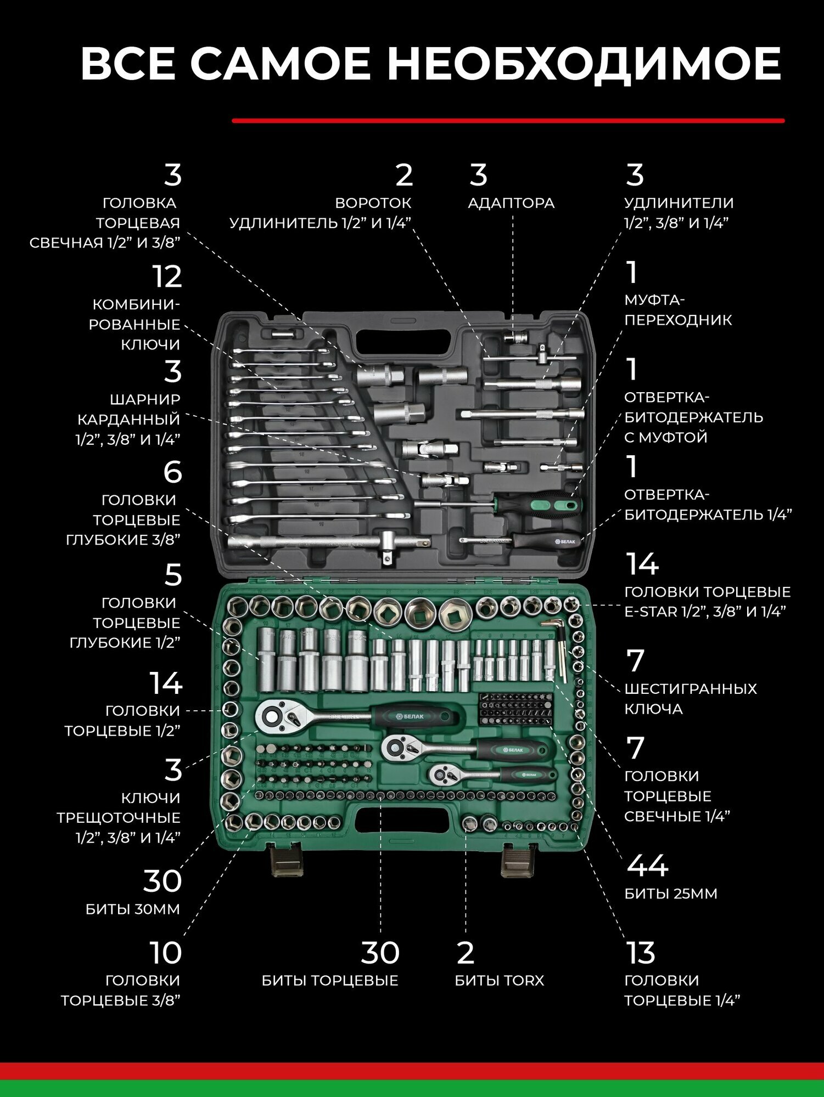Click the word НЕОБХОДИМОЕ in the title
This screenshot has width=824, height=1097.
coord(584,64)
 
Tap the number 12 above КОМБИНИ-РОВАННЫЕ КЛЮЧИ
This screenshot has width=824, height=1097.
coord(167,277)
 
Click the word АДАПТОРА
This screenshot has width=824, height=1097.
coord(511,203)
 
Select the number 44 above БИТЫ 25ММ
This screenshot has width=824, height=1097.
coord(647,866)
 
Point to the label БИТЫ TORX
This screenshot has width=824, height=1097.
coord(500,981)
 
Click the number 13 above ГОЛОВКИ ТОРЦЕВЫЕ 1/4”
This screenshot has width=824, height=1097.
coord(641,953)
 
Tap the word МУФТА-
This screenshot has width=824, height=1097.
coord(654,300)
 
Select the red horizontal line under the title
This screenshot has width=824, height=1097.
coord(508,121)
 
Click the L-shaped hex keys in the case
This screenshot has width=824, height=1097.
coord(558,650)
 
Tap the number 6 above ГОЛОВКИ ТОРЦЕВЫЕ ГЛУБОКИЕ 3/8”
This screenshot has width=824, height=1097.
coord(172,472)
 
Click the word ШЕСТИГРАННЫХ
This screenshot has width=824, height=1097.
coord(691,689)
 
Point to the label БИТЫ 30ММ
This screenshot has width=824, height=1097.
coord(133,909)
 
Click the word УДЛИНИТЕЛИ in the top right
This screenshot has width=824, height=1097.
coord(679,203)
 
